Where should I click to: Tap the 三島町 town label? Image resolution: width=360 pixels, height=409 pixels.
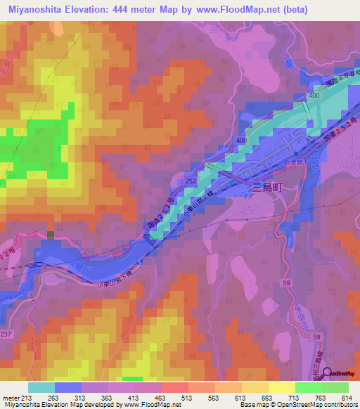tap(267, 188)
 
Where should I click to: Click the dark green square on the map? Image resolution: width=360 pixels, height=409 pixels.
tap(50, 235)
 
